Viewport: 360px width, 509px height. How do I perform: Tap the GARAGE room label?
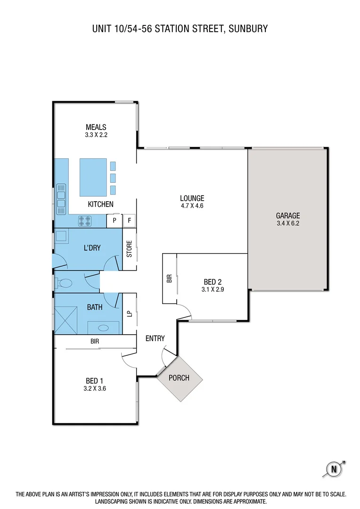[x=287, y=216]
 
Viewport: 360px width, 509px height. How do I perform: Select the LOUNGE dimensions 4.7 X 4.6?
[x=192, y=205]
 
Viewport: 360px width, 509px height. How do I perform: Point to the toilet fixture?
[x=65, y=283]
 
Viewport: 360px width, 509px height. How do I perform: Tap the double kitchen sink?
[x=61, y=197]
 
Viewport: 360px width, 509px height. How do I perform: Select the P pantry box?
[x=115, y=220]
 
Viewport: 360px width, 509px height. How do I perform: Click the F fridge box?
[x=130, y=220]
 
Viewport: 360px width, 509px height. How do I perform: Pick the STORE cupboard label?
[x=130, y=249]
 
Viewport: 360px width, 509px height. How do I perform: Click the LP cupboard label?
[x=130, y=313]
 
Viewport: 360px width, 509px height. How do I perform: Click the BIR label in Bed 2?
[x=169, y=279]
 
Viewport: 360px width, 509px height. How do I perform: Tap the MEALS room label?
[x=96, y=127]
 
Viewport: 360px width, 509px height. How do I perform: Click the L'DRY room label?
[x=92, y=247]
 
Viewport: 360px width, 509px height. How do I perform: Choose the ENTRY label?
[x=155, y=338]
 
